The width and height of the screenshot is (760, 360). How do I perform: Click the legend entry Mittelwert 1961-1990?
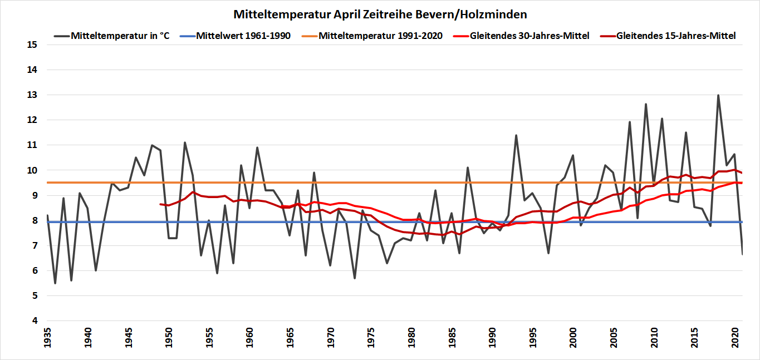click(243, 36)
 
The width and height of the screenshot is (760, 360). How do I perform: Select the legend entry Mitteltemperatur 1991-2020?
click(380, 36)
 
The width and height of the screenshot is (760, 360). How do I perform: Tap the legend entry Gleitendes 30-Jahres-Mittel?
click(529, 36)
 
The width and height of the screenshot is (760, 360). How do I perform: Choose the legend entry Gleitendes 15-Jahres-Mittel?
click(676, 36)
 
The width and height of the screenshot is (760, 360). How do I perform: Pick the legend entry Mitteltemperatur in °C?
click(120, 36)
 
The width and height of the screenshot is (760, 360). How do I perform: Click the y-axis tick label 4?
click(35, 321)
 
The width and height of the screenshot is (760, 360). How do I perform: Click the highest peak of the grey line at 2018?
click(718, 95)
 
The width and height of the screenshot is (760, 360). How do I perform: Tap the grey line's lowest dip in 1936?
click(55, 283)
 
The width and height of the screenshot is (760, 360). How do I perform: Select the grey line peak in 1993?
click(516, 135)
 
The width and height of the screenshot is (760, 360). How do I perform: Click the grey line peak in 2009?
click(646, 104)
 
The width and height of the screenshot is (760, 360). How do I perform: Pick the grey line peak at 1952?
click(184, 142)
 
